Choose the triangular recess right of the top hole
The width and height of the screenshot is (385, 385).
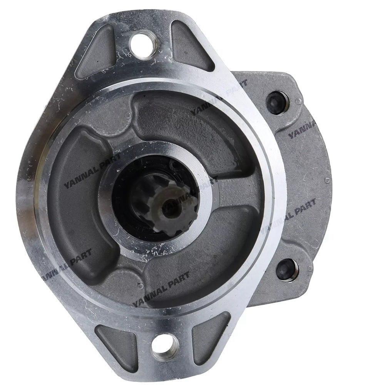coord(191,46)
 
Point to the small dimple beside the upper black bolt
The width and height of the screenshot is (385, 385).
coord(299,101)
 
